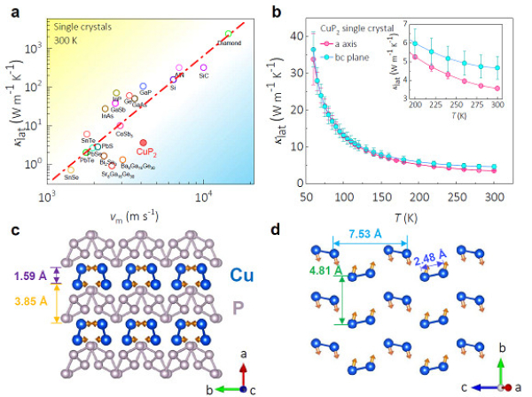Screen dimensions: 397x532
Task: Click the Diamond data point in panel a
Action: click(x=230, y=34)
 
